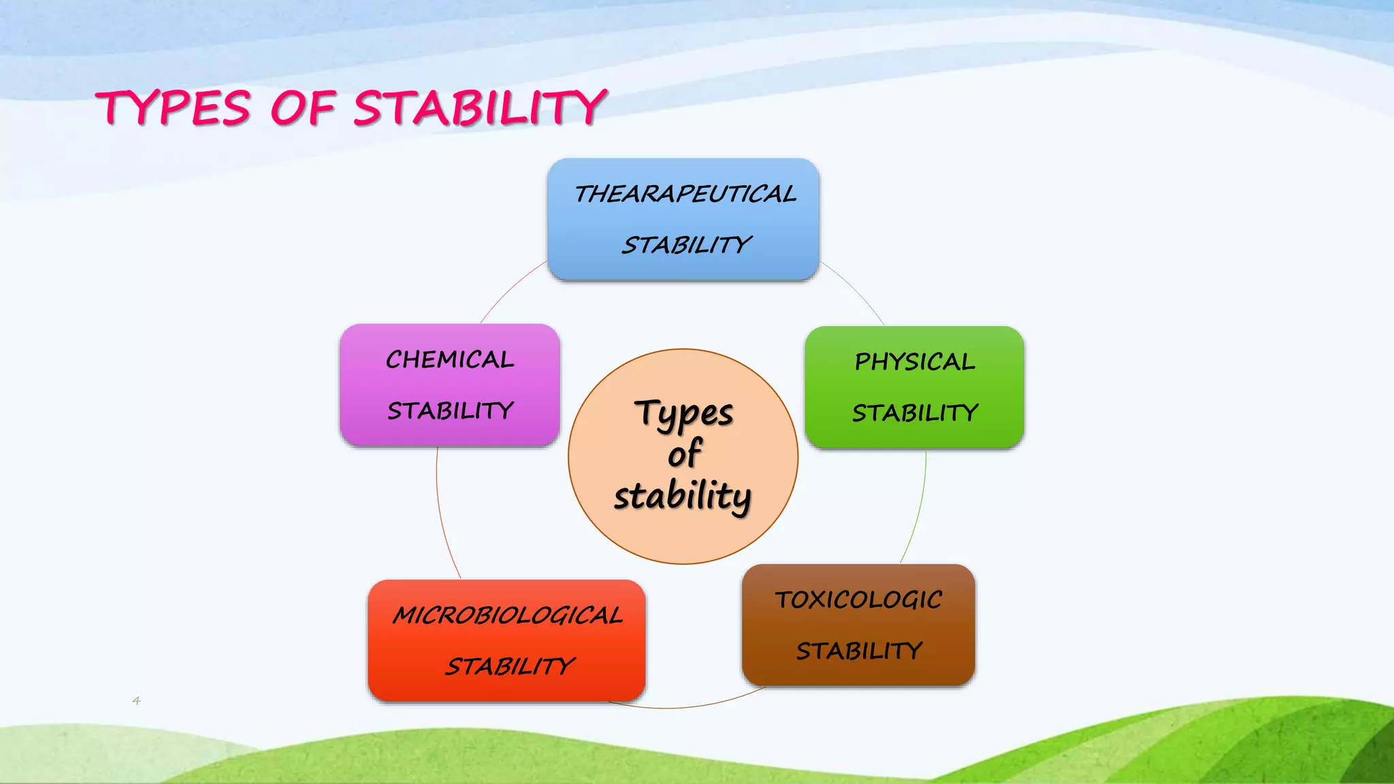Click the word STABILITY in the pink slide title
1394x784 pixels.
pos(479,109)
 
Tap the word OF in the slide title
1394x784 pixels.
pos(302,109)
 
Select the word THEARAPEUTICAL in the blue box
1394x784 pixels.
pos(685,195)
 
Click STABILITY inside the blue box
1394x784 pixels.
pos(686,245)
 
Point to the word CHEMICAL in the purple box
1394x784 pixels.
pos(450,360)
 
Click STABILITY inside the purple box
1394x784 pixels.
pos(450,411)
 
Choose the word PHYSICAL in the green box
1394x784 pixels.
pos(915,362)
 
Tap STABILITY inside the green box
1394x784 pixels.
pos(915,413)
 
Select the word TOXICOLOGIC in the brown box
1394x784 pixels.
pos(858,600)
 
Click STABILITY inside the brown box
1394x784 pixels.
pos(859,651)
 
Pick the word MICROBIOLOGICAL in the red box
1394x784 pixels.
pos(507,616)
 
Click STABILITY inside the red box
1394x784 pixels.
pos(510,666)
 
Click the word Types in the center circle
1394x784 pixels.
pos(684,414)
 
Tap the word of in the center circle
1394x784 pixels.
pos(684,454)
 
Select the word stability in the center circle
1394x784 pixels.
pos(683,495)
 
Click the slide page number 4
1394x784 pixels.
pos(136,700)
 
